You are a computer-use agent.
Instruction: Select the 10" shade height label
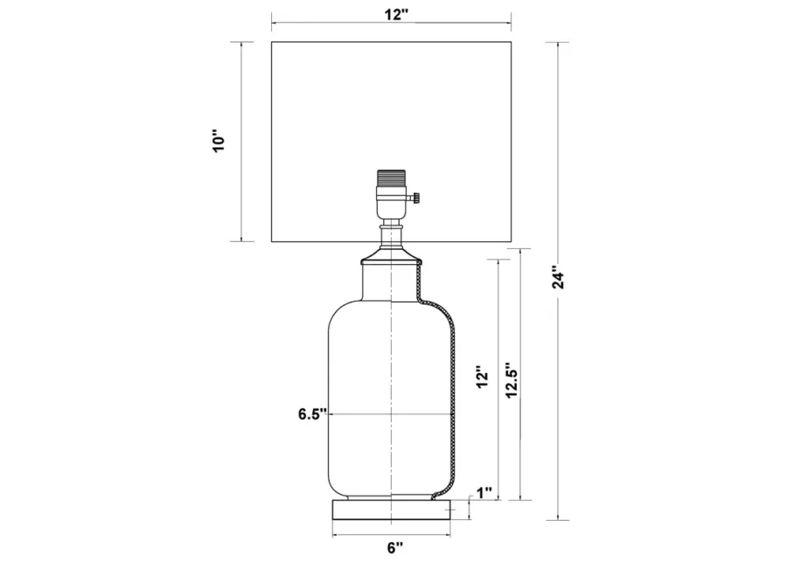click(219, 142)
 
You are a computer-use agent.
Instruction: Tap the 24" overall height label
click(559, 277)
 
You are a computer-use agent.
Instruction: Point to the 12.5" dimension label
click(512, 380)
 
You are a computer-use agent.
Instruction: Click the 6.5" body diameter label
click(313, 414)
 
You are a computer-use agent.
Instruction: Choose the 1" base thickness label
click(484, 493)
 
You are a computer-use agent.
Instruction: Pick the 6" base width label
click(395, 547)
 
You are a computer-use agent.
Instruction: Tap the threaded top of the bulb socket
click(391, 178)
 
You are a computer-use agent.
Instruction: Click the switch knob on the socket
click(415, 198)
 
